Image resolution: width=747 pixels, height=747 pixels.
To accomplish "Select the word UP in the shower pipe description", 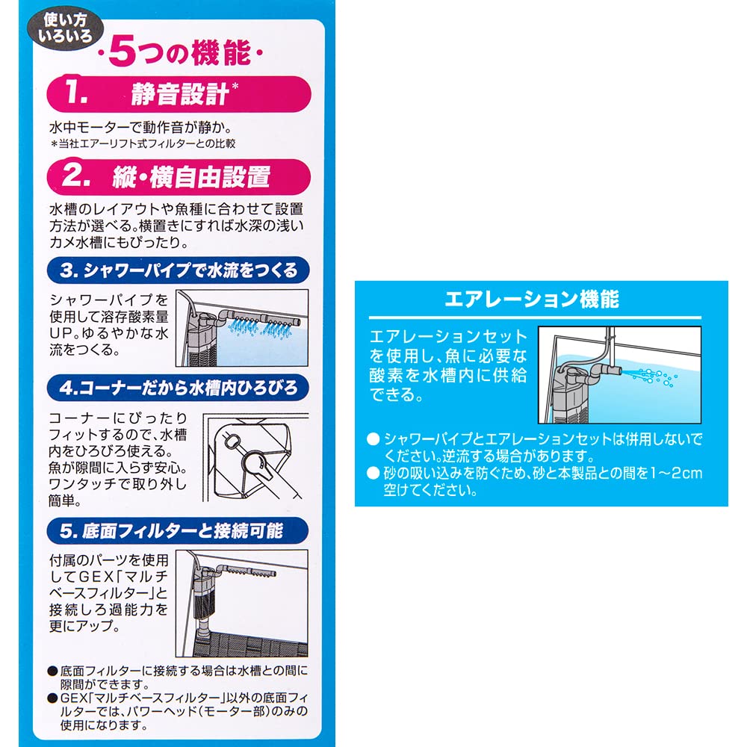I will (62, 333).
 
